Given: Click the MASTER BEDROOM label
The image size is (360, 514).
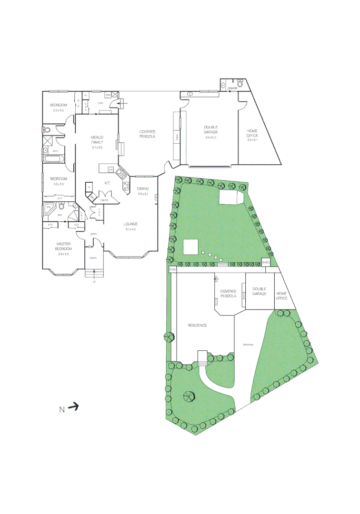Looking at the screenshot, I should pyautogui.click(x=63, y=247).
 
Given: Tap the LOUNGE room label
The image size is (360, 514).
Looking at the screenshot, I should pyautogui.click(x=130, y=224).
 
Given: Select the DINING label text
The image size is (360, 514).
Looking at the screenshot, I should pyautogui.click(x=143, y=189).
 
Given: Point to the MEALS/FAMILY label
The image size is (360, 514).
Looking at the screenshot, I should pyautogui.click(x=97, y=139).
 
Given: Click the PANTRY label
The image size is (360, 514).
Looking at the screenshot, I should pyautogui.click(x=104, y=200).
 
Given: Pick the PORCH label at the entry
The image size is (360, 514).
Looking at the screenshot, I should pyautogui.click(x=93, y=258).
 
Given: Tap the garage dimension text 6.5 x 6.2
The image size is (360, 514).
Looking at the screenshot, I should pyautogui.click(x=210, y=137).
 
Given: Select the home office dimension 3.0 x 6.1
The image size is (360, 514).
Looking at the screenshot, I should pyautogui.click(x=252, y=140).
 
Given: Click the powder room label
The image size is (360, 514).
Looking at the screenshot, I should pyautogui.click(x=232, y=88).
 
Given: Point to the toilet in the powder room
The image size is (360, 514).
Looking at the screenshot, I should pyautogui.click(x=240, y=84).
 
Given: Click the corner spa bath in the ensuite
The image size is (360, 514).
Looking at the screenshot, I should pyautogui.click(x=48, y=208).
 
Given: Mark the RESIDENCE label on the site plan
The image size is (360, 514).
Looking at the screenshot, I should pyautogui.click(x=197, y=326).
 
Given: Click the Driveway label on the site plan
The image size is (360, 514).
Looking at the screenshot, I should pyautogui.click(x=248, y=345).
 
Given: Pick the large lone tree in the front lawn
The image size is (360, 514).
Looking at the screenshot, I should pyautogui.click(x=189, y=396).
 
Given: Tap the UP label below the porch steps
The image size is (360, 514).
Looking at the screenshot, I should pyautogui.click(x=94, y=282).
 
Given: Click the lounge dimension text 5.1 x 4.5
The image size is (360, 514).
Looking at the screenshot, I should pyautogui.click(x=130, y=229).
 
